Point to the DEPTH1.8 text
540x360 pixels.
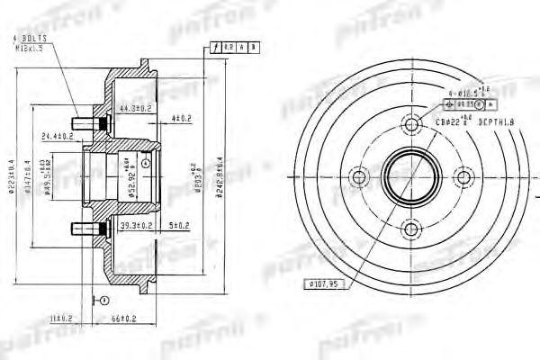[500, 119]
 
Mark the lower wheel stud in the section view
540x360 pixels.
[78, 224]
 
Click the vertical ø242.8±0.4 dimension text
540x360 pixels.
[220, 175]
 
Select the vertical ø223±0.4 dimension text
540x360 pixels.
[10, 175]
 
